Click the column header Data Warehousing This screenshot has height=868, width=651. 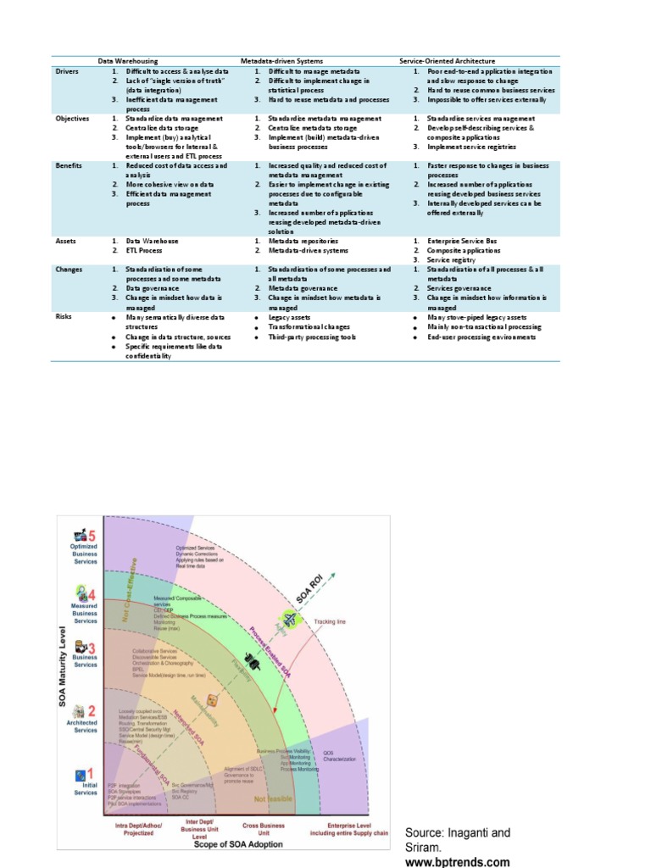(x=128, y=62)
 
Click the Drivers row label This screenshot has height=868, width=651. (x=68, y=72)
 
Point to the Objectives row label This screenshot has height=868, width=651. (x=72, y=119)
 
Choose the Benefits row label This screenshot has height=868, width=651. (x=70, y=165)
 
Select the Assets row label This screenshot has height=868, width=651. (x=66, y=241)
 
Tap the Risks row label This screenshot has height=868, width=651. (x=64, y=316)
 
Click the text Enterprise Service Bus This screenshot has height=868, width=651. (x=465, y=241)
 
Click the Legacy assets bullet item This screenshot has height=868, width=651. (x=291, y=316)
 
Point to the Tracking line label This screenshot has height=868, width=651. (x=331, y=622)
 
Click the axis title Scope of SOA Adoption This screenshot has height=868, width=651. (x=239, y=844)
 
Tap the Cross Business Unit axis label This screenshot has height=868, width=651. (x=263, y=829)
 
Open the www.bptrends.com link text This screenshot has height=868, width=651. (x=458, y=862)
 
